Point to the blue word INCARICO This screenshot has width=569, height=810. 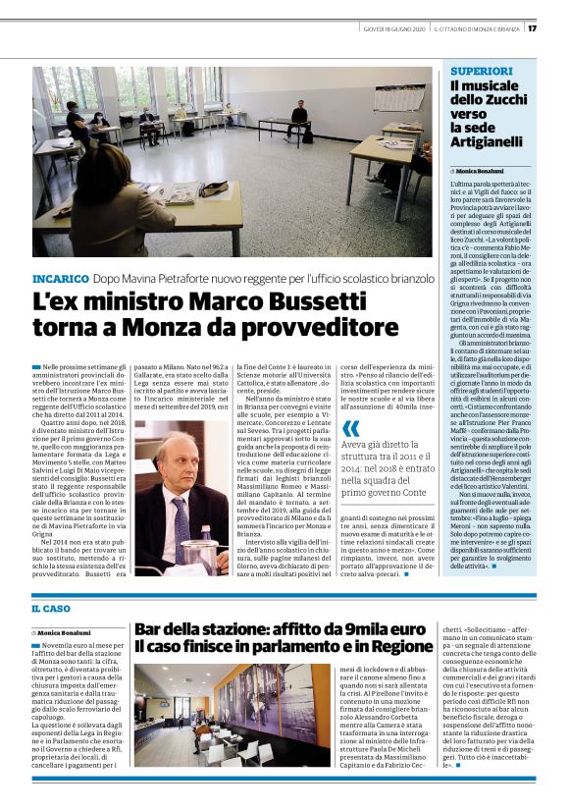61,279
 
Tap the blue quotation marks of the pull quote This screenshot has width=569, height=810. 351,428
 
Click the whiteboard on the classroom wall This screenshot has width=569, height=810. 398,98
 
